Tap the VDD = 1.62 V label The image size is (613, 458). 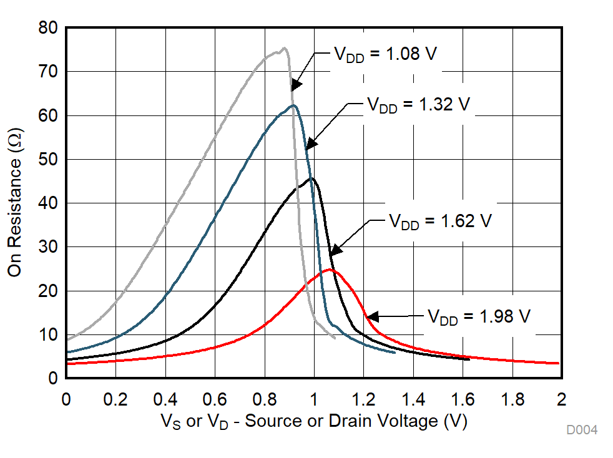click(x=441, y=222)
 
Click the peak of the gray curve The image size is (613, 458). click(x=285, y=48)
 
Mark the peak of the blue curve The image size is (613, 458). click(x=293, y=105)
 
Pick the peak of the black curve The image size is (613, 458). click(x=311, y=178)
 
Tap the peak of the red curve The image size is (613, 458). click(x=330, y=270)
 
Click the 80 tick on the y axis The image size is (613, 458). click(x=47, y=28)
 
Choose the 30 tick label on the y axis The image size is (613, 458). click(x=47, y=247)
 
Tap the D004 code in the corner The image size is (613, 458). click(x=582, y=430)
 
